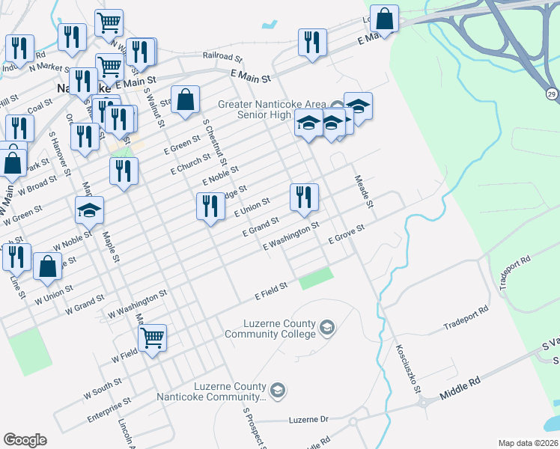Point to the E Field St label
pos(271,291)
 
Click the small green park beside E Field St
pos(315,279)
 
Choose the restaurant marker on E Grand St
pos(304,197)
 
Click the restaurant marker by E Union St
pos(210,206)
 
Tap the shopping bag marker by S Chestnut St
pos(185,99)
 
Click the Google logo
pos(25,440)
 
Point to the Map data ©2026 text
pos(528,443)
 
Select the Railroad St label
pos(223,56)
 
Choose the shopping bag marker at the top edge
pos(384,19)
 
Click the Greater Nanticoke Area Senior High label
pos(274,109)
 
